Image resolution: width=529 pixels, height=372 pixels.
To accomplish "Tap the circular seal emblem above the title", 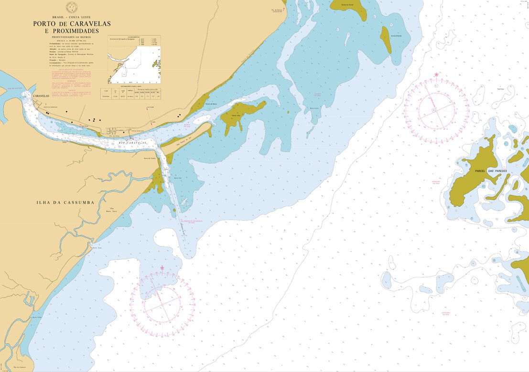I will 72,7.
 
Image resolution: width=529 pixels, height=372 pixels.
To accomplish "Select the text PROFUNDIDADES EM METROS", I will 72,37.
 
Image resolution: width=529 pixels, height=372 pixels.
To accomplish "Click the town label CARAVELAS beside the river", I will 41,96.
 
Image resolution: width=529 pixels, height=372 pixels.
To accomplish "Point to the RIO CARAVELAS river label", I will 133,143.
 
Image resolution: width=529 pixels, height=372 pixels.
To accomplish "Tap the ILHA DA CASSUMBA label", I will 65,202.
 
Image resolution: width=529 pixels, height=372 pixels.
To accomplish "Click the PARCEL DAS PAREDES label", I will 491,171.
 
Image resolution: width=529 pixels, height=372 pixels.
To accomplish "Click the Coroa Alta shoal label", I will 236,115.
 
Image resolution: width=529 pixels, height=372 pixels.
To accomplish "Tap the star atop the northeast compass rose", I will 436,74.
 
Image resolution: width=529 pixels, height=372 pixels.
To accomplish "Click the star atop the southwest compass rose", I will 162,267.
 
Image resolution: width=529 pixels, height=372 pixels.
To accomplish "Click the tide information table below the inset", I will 130,93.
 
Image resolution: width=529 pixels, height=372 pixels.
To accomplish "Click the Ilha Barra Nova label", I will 113,210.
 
